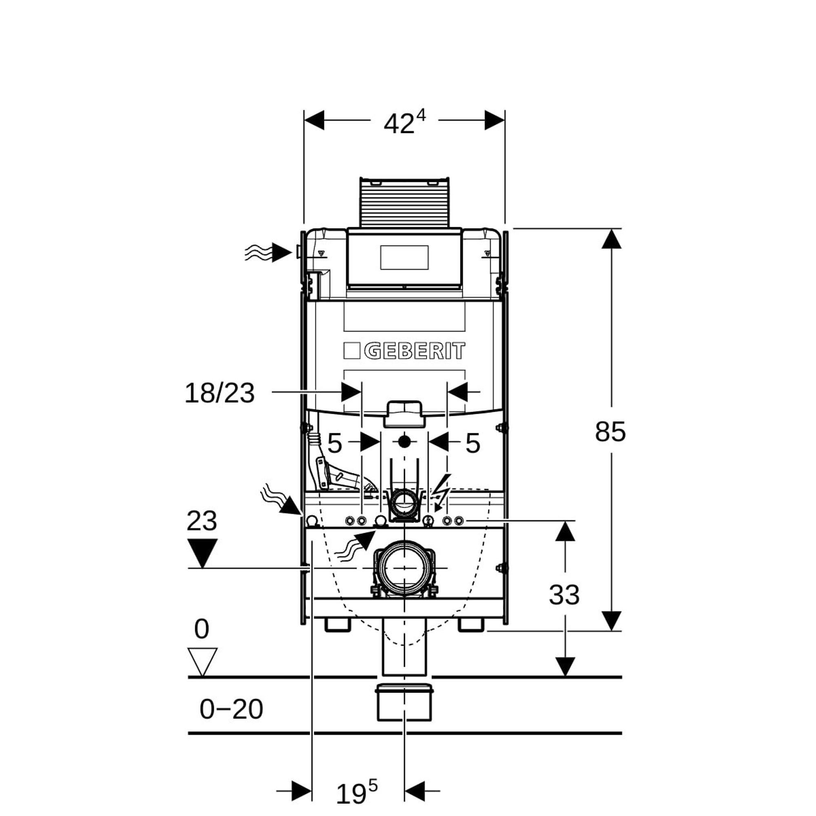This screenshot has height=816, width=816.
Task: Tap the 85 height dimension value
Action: coord(610,432)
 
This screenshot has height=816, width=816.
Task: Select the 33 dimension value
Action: coord(564,595)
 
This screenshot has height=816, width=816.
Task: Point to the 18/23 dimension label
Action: coord(220,393)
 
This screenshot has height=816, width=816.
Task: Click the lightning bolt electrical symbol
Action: coord(442,492)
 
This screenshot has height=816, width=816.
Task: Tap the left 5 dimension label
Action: coord(335,443)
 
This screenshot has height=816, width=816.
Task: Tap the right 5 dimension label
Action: coord(472,443)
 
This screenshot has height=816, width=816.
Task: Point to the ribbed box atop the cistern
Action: coord(404,202)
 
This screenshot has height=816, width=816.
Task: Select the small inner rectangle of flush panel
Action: coord(404,257)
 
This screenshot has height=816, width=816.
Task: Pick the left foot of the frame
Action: coord(337,625)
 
